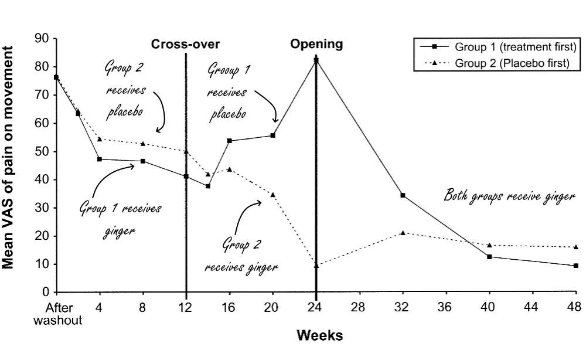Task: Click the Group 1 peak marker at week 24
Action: pyautogui.click(x=316, y=60)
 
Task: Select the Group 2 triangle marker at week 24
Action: pyautogui.click(x=316, y=266)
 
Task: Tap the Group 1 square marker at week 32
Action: pyautogui.click(x=403, y=195)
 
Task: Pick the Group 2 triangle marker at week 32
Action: pyautogui.click(x=403, y=233)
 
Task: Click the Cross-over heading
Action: pyautogui.click(x=186, y=44)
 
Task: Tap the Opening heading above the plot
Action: pyautogui.click(x=316, y=44)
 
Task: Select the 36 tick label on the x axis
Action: pyautogui.click(x=446, y=306)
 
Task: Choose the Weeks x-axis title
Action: pyautogui.click(x=319, y=336)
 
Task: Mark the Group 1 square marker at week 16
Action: pyautogui.click(x=229, y=141)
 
